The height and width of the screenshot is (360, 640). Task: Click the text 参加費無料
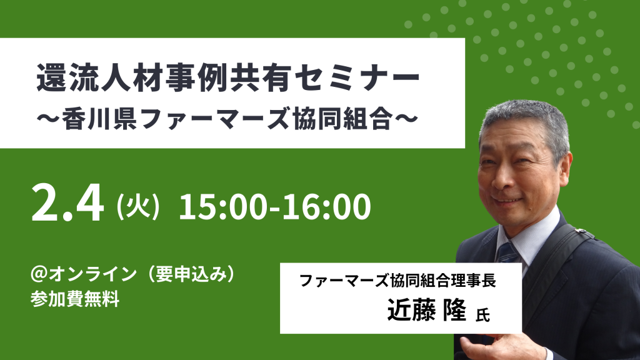point(75,299)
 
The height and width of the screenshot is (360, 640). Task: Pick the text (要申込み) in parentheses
point(191,274)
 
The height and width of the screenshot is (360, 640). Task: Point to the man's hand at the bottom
point(486,347)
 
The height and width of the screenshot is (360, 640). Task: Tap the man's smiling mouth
point(506,201)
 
